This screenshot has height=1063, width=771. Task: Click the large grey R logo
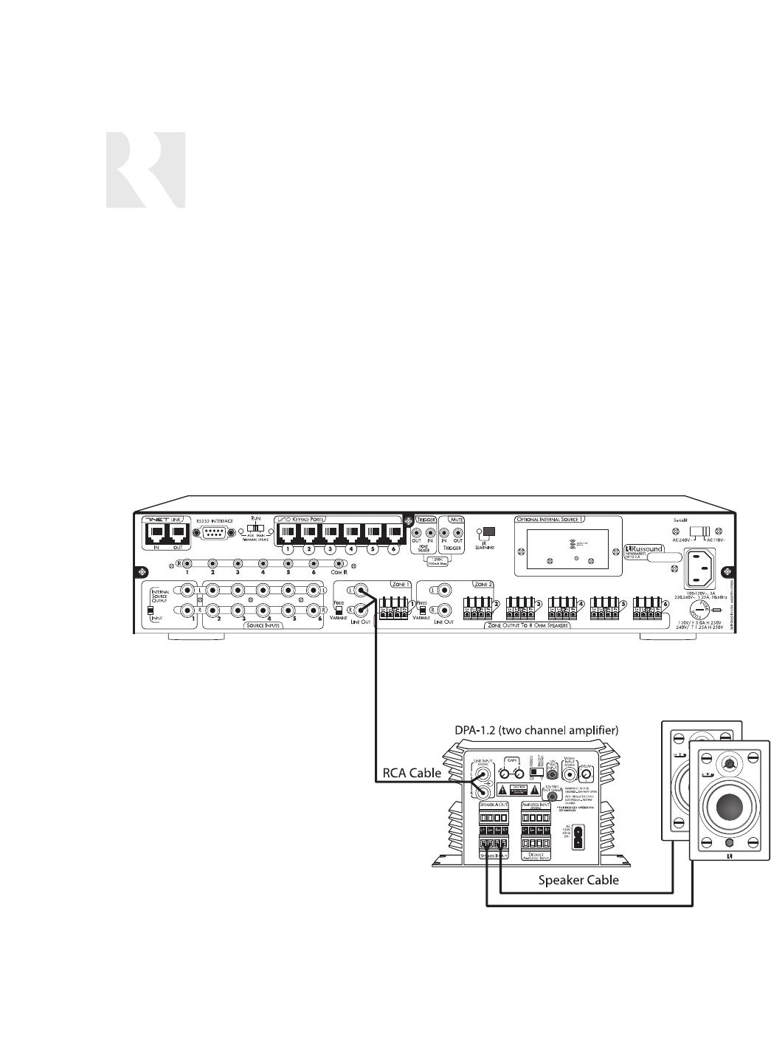pyautogui.click(x=145, y=171)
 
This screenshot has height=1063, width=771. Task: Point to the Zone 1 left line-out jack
pyautogui.click(x=362, y=589)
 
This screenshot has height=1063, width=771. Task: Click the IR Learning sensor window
pyautogui.click(x=488, y=531)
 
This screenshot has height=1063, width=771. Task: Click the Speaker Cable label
pyautogui.click(x=578, y=879)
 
